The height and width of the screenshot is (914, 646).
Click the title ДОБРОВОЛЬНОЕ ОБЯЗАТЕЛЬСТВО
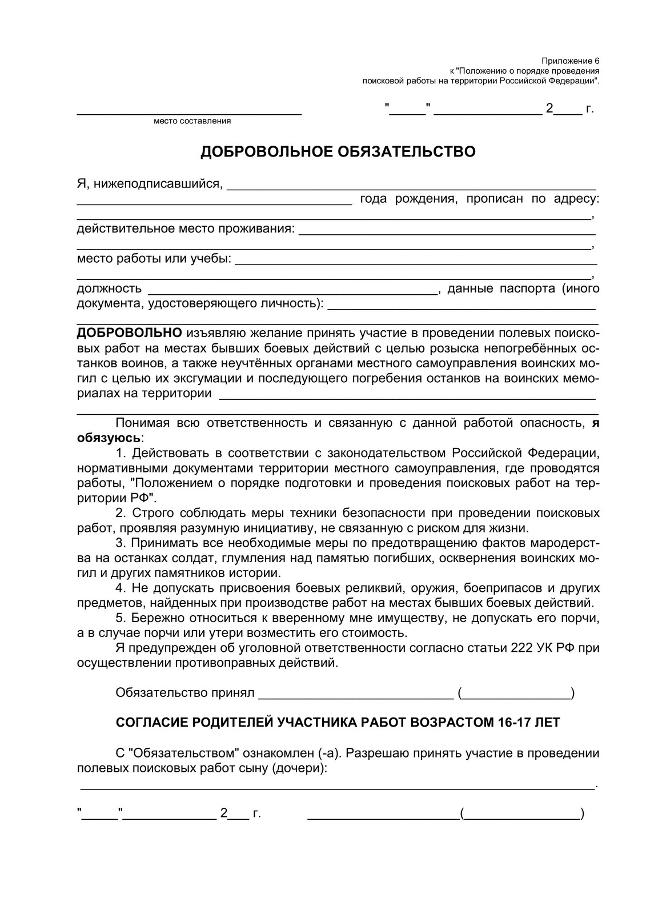click(x=338, y=153)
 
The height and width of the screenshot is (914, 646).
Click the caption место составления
click(x=192, y=121)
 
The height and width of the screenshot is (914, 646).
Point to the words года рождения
click(x=408, y=199)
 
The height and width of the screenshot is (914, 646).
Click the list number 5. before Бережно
click(x=121, y=618)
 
